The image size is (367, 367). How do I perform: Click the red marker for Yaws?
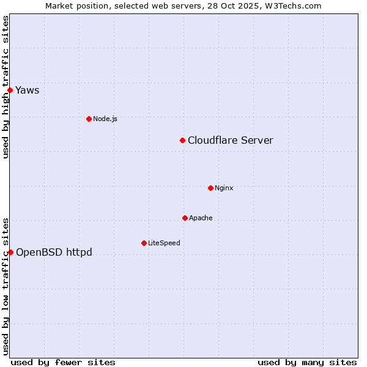point(10,91)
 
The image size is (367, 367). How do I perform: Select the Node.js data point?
point(89,119)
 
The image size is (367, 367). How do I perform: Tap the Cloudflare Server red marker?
point(182,141)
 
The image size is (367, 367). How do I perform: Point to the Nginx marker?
point(210,188)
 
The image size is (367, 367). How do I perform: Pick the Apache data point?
point(185,218)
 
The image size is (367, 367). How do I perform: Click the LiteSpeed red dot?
point(144,243)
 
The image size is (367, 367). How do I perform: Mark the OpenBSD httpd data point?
point(10,252)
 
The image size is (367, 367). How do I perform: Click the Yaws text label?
point(27,91)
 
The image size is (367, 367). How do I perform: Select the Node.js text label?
point(105,119)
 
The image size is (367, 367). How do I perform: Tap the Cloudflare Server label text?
point(230,141)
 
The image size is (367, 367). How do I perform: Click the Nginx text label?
point(224,188)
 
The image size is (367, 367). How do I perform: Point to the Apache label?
point(201,218)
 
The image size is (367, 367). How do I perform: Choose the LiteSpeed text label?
point(164,243)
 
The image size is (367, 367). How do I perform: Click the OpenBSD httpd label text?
point(54,252)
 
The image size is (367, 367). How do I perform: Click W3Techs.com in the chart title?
point(295,6)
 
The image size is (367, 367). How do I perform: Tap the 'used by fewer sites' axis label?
point(63,362)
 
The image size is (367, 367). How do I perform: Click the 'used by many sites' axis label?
point(307,362)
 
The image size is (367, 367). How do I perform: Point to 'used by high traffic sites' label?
point(6,87)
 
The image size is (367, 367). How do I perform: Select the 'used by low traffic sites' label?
point(6,286)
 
